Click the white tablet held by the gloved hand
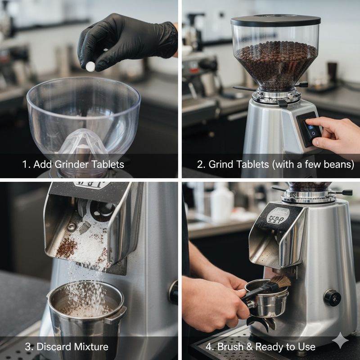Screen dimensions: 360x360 click(x=90, y=66)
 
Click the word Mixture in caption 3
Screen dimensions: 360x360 click(x=91, y=346)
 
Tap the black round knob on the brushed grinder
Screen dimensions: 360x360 click(x=332, y=298)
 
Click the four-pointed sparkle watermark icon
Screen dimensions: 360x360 click(x=340, y=340)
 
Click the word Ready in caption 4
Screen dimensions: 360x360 click(x=270, y=346)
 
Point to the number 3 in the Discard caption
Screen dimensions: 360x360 click(x=28, y=346)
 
